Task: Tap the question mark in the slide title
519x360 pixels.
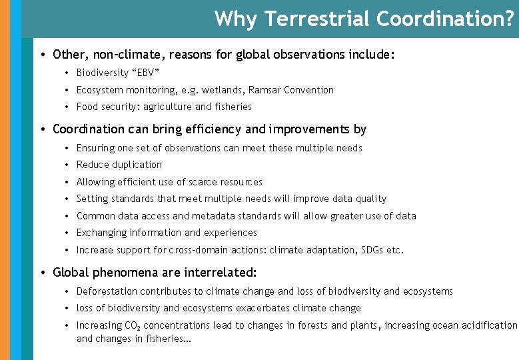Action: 510,19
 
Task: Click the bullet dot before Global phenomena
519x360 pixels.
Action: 42,273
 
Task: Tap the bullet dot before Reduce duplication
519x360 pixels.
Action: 68,165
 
